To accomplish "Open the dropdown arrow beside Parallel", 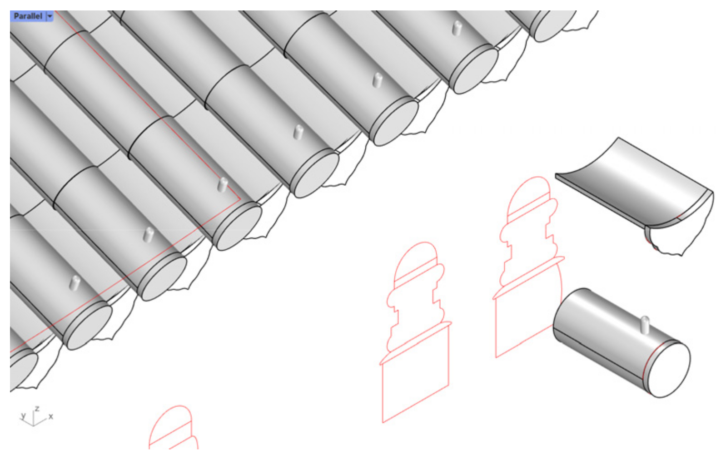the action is click(x=50, y=16).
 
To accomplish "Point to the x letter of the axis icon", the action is click(x=50, y=416).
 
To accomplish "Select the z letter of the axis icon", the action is click(x=37, y=409).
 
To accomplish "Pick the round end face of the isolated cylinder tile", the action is click(x=670, y=370).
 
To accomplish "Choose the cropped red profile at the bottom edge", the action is click(x=174, y=428).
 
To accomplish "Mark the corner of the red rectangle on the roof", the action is click(x=240, y=199).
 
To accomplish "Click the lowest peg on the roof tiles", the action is click(x=75, y=284).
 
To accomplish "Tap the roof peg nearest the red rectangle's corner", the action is click(x=223, y=184).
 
